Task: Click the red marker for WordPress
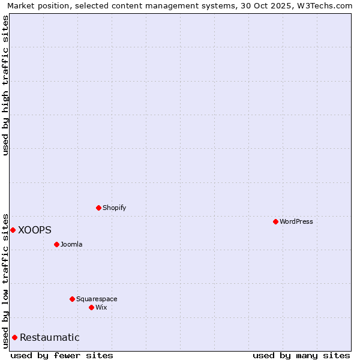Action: tap(275, 221)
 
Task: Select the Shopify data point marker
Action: tap(98, 208)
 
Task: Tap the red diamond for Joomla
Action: tap(56, 244)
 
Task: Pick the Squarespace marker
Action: tap(72, 299)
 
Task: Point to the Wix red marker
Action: tap(91, 307)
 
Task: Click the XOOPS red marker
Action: tap(13, 230)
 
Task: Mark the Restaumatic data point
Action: tap(14, 337)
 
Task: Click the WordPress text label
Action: tap(296, 221)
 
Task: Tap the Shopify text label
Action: tap(114, 208)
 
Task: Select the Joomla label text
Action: tap(71, 244)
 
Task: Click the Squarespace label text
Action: tap(97, 299)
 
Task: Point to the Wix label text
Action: tap(101, 307)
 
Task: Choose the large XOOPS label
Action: tap(35, 230)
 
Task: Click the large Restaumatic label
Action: tap(49, 337)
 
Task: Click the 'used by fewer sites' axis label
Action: tap(62, 355)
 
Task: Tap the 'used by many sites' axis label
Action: tap(301, 355)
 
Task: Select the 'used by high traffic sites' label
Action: tap(5, 85)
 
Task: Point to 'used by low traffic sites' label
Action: tap(5, 280)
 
